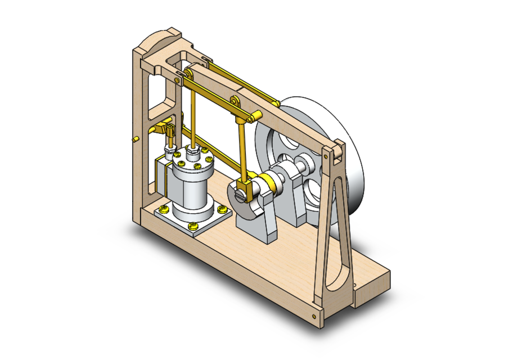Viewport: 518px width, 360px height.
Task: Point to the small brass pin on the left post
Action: tap(136, 138)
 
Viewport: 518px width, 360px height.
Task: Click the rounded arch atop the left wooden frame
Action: tap(160, 39)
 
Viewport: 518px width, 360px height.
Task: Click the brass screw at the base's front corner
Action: tap(313, 317)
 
